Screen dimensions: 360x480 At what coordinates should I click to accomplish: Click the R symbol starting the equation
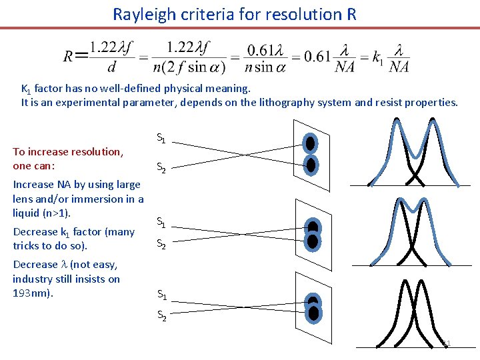click(x=69, y=57)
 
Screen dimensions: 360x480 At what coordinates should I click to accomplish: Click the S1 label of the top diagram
click(x=161, y=138)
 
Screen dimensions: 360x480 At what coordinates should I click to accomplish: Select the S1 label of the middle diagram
click(x=161, y=221)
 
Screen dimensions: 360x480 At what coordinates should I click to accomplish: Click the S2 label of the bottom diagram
click(x=161, y=316)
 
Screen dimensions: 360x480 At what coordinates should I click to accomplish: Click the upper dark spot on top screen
click(x=310, y=143)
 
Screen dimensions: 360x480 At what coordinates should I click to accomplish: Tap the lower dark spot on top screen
click(x=310, y=164)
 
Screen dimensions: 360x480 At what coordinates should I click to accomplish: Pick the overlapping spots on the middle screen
click(x=312, y=233)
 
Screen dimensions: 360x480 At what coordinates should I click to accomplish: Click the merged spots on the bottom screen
click(x=314, y=307)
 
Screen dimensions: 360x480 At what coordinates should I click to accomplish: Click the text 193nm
click(x=31, y=293)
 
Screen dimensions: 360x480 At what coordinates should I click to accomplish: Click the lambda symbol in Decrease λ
click(x=65, y=265)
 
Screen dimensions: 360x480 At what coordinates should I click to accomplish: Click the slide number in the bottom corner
click(x=447, y=343)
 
